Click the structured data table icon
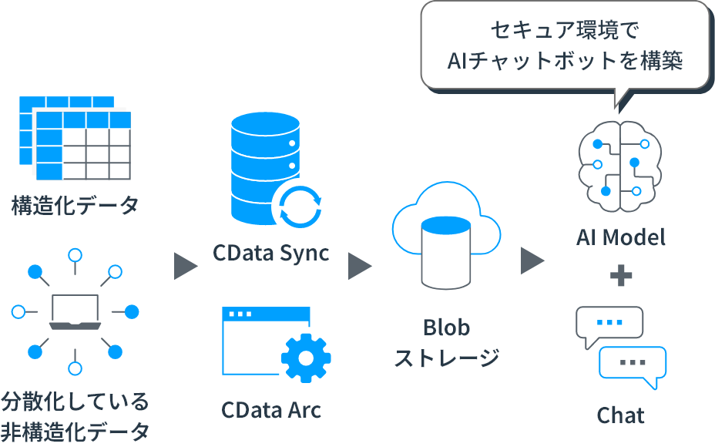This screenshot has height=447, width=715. coord(75,139)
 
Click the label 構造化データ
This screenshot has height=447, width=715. coord(75,206)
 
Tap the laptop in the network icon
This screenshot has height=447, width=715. coord(75,311)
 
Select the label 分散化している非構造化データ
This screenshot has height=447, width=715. coord(75,415)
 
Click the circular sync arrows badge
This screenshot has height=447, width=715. coord(297,207)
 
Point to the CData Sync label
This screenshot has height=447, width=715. coord(270,252)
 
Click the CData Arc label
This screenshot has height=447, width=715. coord(270,409)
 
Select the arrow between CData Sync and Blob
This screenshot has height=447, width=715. coord(360,266)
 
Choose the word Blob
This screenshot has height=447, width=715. coord(446,328)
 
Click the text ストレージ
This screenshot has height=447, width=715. coord(446,358)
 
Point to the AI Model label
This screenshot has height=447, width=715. coord(620,237)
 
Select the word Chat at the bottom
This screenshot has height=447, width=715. coord(620,415)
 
